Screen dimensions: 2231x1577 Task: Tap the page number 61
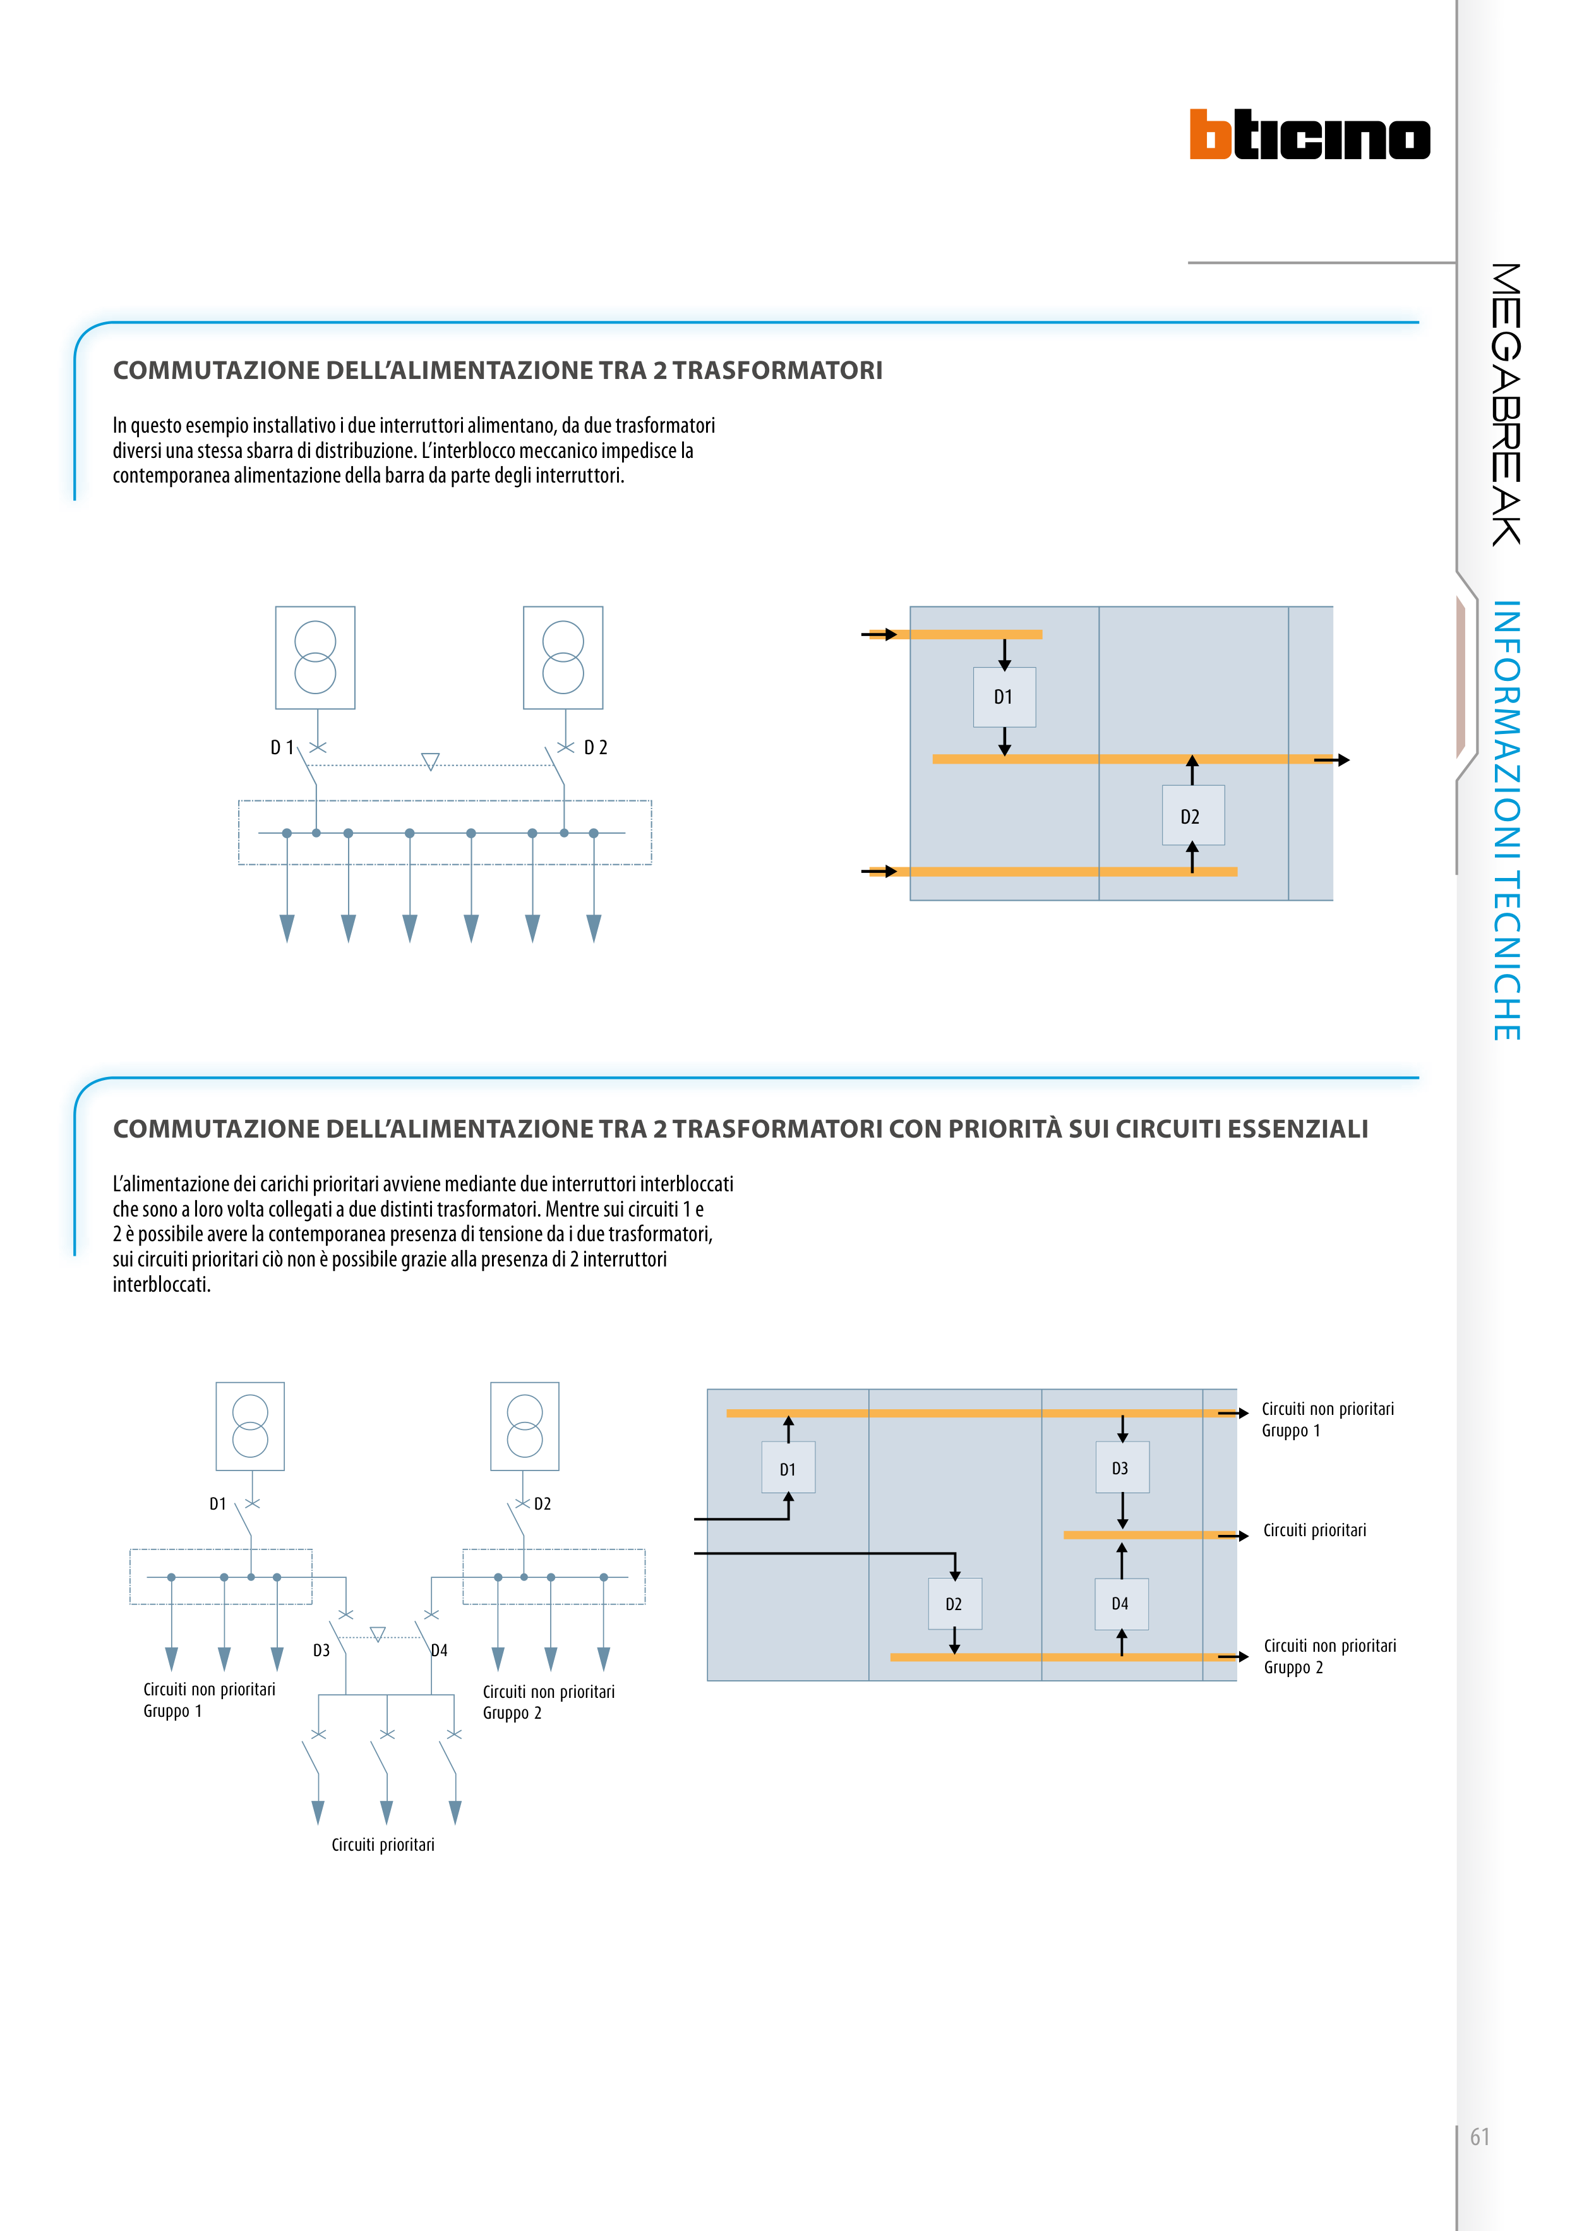pyautogui.click(x=1479, y=2137)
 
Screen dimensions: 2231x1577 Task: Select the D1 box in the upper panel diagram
pyautogui.click(x=1004, y=697)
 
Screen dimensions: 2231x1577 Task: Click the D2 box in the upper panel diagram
pyautogui.click(x=1192, y=816)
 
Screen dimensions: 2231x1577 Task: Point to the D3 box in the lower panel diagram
pyautogui.click(x=1121, y=1468)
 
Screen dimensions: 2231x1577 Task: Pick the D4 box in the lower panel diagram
pyautogui.click(x=1120, y=1603)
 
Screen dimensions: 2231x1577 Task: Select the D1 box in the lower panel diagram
pyautogui.click(x=788, y=1469)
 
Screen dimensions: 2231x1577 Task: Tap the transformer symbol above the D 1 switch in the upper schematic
pyautogui.click(x=315, y=658)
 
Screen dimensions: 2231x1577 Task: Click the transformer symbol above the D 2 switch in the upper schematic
pyautogui.click(x=563, y=658)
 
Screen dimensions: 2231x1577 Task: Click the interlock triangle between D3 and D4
pyautogui.click(x=378, y=1634)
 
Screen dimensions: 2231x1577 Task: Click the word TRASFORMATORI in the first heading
pyautogui.click(x=777, y=370)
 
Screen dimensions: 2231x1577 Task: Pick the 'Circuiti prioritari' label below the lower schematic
pyautogui.click(x=383, y=1844)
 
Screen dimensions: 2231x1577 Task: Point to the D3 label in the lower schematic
pyautogui.click(x=321, y=1650)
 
